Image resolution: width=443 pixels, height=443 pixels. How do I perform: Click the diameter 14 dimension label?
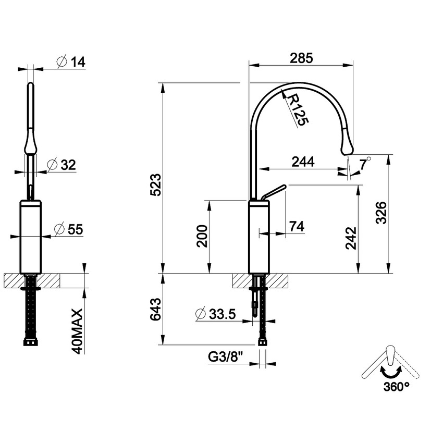pyautogui.click(x=71, y=61)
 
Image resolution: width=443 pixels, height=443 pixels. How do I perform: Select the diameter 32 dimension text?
pyautogui.click(x=61, y=165)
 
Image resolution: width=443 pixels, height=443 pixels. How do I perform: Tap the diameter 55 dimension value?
pyautogui.click(x=69, y=229)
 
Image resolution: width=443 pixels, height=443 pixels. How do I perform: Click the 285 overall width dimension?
pyautogui.click(x=301, y=58)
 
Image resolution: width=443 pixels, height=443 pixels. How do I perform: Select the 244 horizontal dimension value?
pyautogui.click(x=303, y=162)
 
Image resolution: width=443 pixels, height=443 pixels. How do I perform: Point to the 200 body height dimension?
pyautogui.click(x=202, y=237)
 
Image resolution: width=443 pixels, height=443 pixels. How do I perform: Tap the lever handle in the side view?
pyautogui.click(x=274, y=191)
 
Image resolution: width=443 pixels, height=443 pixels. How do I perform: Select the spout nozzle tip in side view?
pyautogui.click(x=347, y=149)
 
